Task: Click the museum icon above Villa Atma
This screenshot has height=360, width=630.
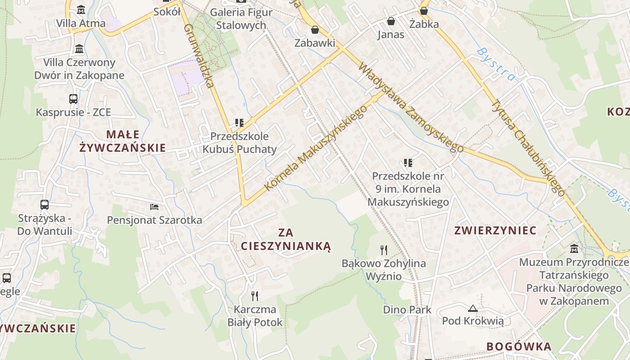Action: (x=81, y=9)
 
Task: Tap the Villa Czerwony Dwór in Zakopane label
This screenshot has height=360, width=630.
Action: (x=79, y=68)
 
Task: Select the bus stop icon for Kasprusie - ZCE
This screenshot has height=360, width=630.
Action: (x=73, y=99)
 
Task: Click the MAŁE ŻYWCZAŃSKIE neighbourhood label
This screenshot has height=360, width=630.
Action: (x=122, y=141)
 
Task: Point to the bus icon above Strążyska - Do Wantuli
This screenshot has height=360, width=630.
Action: (x=45, y=205)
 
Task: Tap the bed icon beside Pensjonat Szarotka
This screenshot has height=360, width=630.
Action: (x=154, y=207)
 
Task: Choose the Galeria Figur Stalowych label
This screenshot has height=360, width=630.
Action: (x=241, y=18)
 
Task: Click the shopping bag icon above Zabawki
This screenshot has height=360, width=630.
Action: (x=315, y=30)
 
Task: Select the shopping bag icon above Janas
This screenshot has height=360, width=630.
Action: (x=391, y=21)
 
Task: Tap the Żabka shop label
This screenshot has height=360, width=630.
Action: (x=424, y=24)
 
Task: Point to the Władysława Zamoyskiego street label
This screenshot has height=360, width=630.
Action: (x=410, y=108)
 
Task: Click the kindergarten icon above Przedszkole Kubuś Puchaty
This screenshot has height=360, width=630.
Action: (x=239, y=122)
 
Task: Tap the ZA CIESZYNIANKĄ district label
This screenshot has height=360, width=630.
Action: (x=286, y=239)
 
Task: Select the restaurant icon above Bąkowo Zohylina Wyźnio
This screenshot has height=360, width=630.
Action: (x=384, y=250)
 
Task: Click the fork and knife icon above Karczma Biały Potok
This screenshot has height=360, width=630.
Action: (x=255, y=296)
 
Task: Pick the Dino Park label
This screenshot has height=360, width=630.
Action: (x=407, y=310)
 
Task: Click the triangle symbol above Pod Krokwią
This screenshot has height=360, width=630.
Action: (x=472, y=308)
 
